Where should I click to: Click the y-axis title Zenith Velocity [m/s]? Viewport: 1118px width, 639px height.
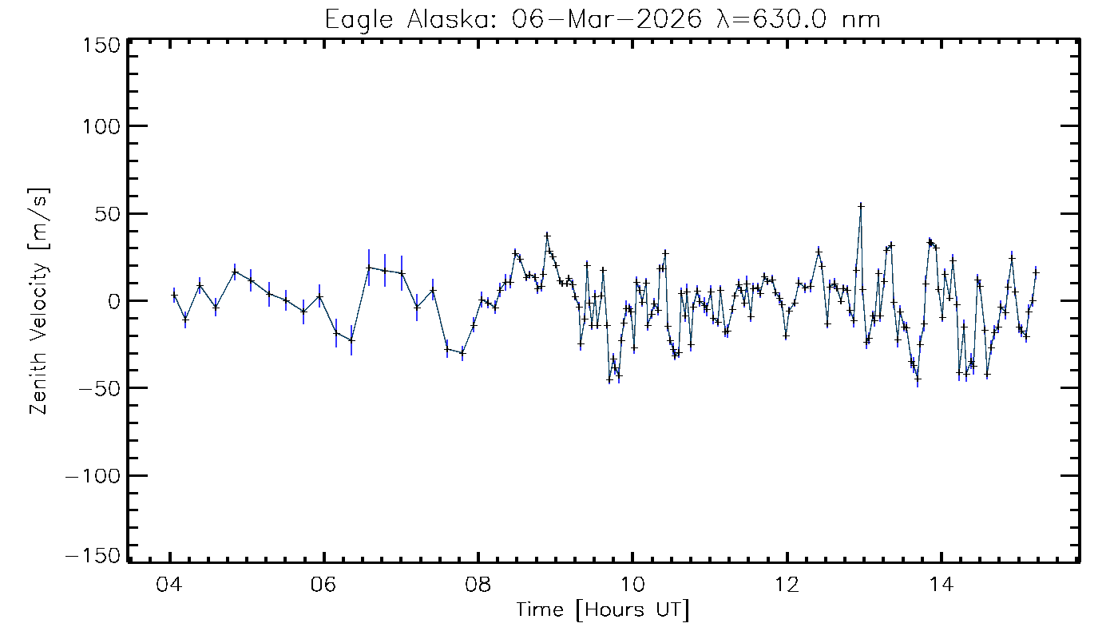coord(38,301)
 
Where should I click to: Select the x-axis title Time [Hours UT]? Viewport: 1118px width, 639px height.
coord(602,610)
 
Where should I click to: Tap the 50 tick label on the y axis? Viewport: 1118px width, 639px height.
coord(107,214)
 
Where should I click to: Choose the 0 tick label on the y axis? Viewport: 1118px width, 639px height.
coord(114,301)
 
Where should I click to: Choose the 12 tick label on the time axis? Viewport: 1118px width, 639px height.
coord(787,581)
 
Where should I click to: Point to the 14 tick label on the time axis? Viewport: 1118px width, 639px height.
coord(942,581)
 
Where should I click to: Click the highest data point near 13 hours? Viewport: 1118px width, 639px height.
coord(861,205)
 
